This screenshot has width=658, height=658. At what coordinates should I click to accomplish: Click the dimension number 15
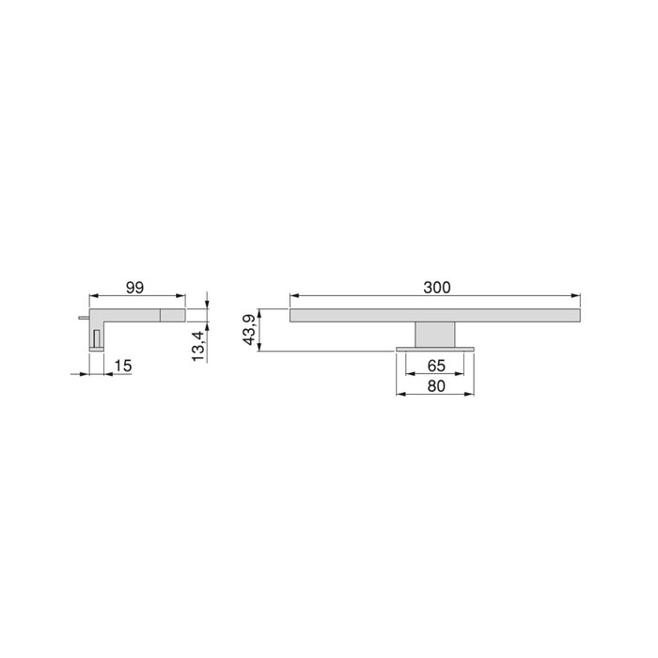123,364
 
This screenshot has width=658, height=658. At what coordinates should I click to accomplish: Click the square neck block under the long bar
434,335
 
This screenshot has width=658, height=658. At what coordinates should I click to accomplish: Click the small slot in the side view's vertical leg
97,337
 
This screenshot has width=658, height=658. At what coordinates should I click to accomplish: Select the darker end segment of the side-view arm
173,315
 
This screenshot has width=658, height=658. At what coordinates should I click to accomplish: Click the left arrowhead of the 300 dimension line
294,298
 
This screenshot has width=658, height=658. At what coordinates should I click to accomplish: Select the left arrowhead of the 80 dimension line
400,394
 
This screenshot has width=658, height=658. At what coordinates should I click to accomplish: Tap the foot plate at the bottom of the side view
97,351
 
